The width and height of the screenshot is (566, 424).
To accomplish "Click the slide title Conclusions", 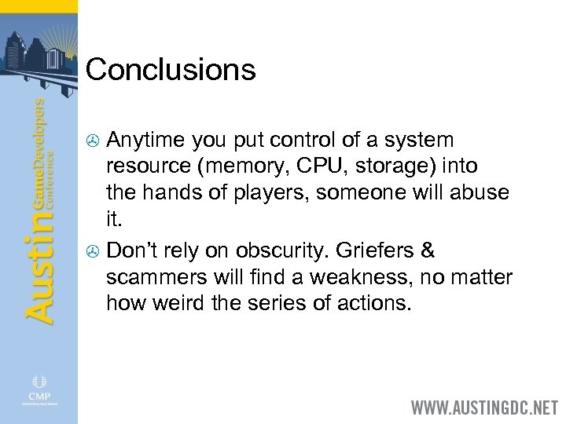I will point(171,70).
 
